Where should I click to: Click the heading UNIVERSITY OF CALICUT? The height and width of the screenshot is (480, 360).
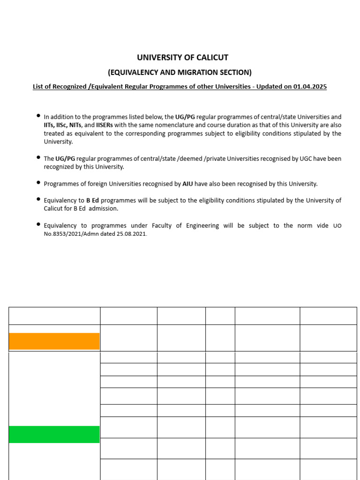tap(182, 58)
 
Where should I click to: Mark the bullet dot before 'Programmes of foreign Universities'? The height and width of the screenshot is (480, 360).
tap(38, 183)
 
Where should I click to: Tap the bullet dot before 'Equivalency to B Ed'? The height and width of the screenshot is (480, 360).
tap(38, 200)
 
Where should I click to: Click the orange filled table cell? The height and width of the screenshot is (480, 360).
tap(54, 341)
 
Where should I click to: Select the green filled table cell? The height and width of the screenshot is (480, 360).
tap(54, 435)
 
